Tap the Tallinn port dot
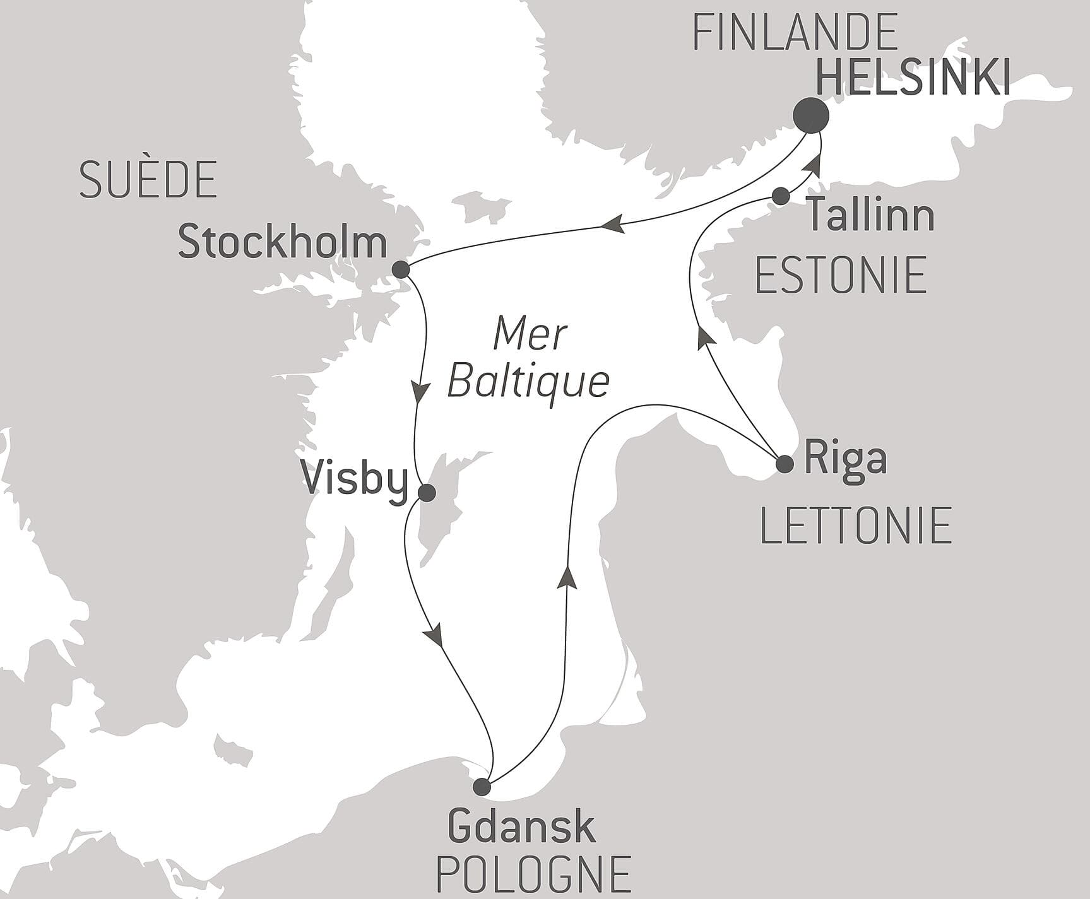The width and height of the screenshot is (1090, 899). pos(781,196)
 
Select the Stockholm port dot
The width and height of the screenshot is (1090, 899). pos(401,270)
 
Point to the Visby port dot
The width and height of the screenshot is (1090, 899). pos(427,493)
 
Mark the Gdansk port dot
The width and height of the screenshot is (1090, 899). pos(482,787)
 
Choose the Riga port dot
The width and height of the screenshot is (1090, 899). pos(785,464)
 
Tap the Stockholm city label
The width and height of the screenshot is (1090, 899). pos(282,243)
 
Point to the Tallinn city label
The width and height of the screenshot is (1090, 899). pos(872,214)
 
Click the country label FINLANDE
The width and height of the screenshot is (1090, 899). pos(795,32)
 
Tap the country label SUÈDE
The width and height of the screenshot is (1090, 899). pos(148,180)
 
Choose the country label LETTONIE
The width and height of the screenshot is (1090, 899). pos(856,525)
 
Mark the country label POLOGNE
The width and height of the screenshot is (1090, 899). pos(533,874)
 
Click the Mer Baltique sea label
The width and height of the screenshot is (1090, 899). pos(529,359)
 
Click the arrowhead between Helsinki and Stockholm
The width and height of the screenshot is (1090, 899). pos(612,224)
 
